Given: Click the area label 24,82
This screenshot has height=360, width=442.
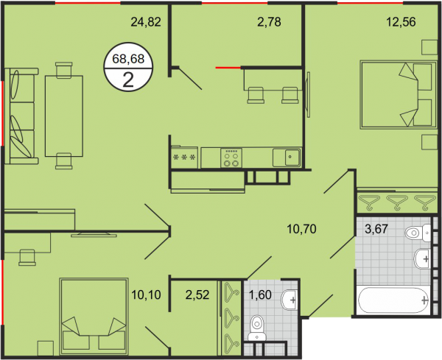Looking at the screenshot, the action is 146,21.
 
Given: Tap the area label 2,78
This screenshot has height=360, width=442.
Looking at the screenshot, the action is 269,21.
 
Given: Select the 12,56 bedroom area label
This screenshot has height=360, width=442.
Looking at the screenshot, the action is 401,21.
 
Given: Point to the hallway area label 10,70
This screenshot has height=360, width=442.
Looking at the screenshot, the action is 301,229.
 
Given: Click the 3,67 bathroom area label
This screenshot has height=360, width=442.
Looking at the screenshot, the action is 376,229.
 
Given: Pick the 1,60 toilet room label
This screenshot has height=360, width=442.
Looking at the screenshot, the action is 260,294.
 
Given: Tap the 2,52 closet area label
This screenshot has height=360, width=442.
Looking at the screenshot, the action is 197,294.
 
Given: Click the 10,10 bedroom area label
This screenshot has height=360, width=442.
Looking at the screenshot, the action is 146,294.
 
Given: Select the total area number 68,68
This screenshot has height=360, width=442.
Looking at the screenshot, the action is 128,59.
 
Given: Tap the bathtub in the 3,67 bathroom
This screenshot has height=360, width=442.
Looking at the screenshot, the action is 393,300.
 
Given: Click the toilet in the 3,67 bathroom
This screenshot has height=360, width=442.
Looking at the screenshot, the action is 418,233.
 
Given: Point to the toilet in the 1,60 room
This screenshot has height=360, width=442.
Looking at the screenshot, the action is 257,328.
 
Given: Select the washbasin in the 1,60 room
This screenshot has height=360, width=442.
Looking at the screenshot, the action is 290,300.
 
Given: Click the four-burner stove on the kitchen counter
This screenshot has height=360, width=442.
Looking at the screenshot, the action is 231,158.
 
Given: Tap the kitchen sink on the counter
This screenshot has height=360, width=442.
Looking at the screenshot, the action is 287,158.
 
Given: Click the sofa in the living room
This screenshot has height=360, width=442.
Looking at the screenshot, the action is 21,116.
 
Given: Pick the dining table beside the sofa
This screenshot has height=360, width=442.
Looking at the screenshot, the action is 64,116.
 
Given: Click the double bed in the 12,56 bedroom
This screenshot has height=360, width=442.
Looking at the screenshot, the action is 398,95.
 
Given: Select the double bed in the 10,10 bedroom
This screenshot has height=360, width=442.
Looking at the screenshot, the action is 94,316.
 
